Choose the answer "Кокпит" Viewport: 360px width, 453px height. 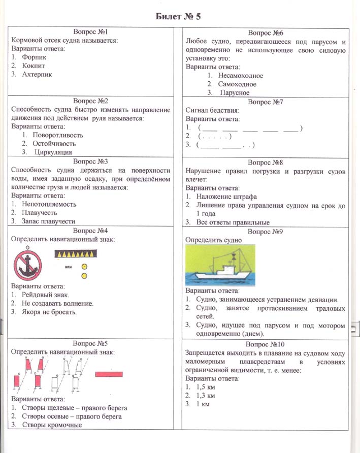[x=34, y=66]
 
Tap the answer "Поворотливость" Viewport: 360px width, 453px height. [x=57, y=135]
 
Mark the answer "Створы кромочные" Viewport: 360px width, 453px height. [x=52, y=425]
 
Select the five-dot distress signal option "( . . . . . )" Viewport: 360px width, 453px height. [x=215, y=136]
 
